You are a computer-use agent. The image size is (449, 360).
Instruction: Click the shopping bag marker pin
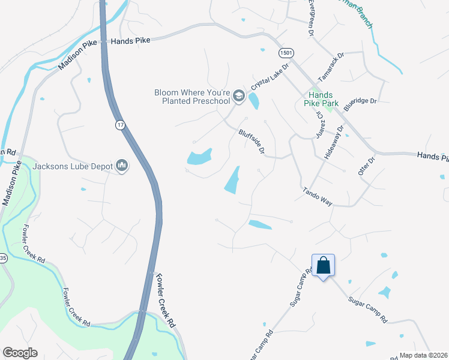323,265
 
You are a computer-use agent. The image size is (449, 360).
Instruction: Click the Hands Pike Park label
324,99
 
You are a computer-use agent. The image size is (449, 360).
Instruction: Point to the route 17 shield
121,124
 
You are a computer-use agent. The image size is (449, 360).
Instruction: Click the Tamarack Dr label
331,67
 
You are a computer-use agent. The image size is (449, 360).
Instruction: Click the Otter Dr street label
366,166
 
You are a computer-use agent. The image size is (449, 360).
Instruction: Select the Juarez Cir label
319,124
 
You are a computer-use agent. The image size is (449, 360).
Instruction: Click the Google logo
20,353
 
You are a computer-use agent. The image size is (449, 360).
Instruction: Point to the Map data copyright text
423,355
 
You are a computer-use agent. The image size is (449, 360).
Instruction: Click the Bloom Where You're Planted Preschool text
192,97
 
